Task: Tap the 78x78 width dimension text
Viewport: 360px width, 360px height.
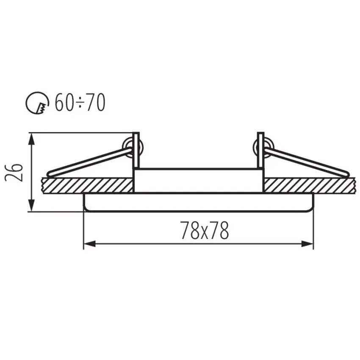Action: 205,231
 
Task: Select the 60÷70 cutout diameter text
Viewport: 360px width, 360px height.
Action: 80,102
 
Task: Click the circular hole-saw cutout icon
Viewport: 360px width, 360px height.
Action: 37,103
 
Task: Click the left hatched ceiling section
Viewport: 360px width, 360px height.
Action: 87,185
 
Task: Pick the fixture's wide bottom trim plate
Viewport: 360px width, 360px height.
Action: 198,202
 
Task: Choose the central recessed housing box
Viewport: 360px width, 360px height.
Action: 198,180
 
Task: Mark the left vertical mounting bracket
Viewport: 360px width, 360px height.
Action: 136,150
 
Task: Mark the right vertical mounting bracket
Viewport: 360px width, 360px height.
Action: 260,150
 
